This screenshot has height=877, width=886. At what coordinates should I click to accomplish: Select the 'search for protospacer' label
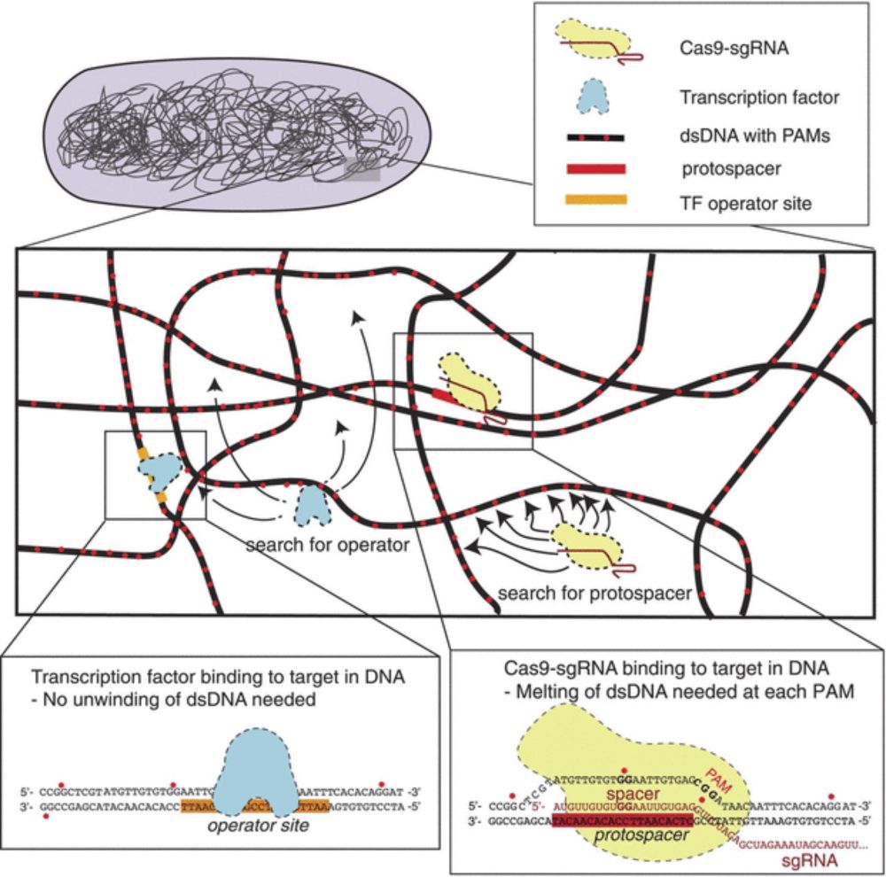point(593,591)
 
